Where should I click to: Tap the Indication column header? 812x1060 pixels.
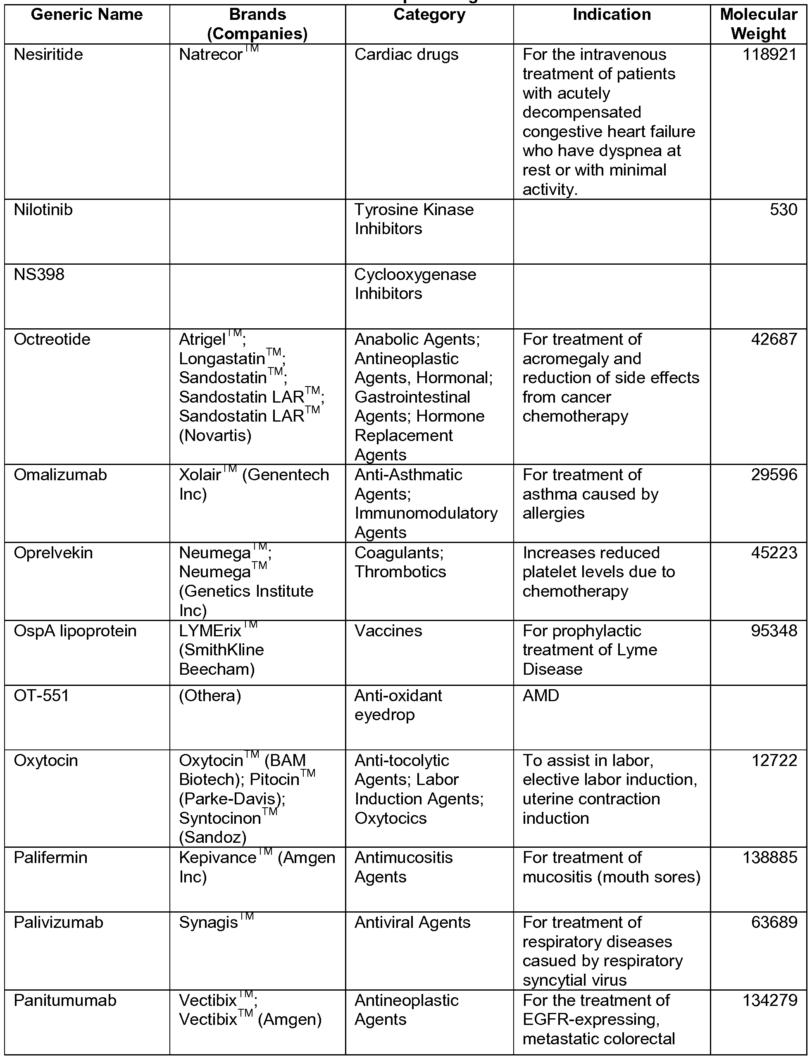612,15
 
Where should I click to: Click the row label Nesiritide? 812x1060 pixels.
48,55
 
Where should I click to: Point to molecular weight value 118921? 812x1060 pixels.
769,55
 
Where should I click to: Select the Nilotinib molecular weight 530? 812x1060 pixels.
783,210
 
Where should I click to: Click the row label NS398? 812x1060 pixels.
39,274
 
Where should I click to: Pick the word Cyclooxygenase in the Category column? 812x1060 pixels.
415,274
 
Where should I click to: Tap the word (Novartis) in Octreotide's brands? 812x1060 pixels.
215,436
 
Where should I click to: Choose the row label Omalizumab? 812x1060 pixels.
60,475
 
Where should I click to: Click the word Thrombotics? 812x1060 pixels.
400,572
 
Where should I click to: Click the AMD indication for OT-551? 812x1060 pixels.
541,696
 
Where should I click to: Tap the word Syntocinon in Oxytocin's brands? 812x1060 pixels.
220,818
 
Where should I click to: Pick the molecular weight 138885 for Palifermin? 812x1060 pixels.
769,858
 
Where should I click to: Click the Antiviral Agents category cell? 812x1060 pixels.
412,922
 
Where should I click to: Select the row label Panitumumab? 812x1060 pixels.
65,1000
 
